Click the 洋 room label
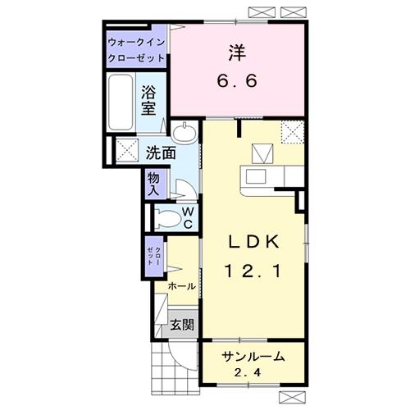[x=237, y=52]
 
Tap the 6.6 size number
[x=237, y=82]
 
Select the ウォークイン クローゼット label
[x=137, y=50]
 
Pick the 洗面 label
[x=161, y=153]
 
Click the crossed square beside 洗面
[x=125, y=150]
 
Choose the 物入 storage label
[x=154, y=182]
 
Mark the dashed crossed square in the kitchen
[x=293, y=131]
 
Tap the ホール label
[x=182, y=286]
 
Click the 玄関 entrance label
[x=182, y=325]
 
